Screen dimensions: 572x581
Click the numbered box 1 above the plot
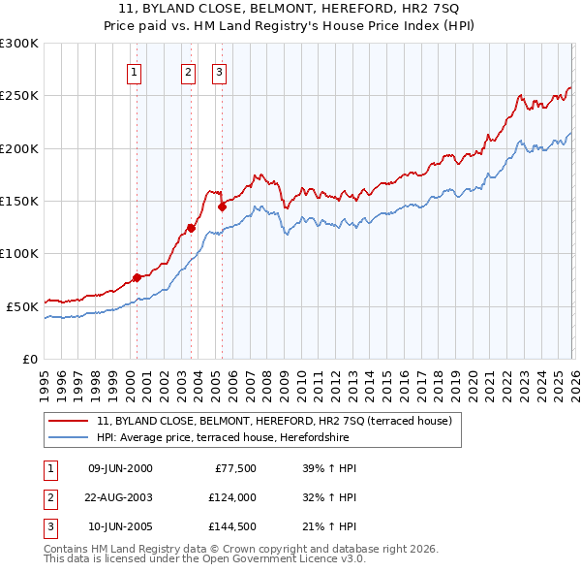(x=134, y=71)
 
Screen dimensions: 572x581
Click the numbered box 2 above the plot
(x=188, y=71)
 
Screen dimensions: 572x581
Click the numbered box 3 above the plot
(x=219, y=71)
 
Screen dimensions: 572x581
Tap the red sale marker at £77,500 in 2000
(x=137, y=277)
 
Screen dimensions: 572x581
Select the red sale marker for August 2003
(x=191, y=229)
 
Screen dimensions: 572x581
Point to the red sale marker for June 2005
(x=222, y=207)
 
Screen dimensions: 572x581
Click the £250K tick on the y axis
(x=19, y=96)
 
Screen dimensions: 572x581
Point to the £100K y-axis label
(x=19, y=253)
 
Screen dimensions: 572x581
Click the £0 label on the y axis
(x=29, y=359)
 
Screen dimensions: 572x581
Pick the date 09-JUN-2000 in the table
(x=120, y=468)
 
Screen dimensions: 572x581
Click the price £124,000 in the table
(x=231, y=498)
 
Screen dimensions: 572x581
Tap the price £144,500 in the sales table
(x=231, y=528)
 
